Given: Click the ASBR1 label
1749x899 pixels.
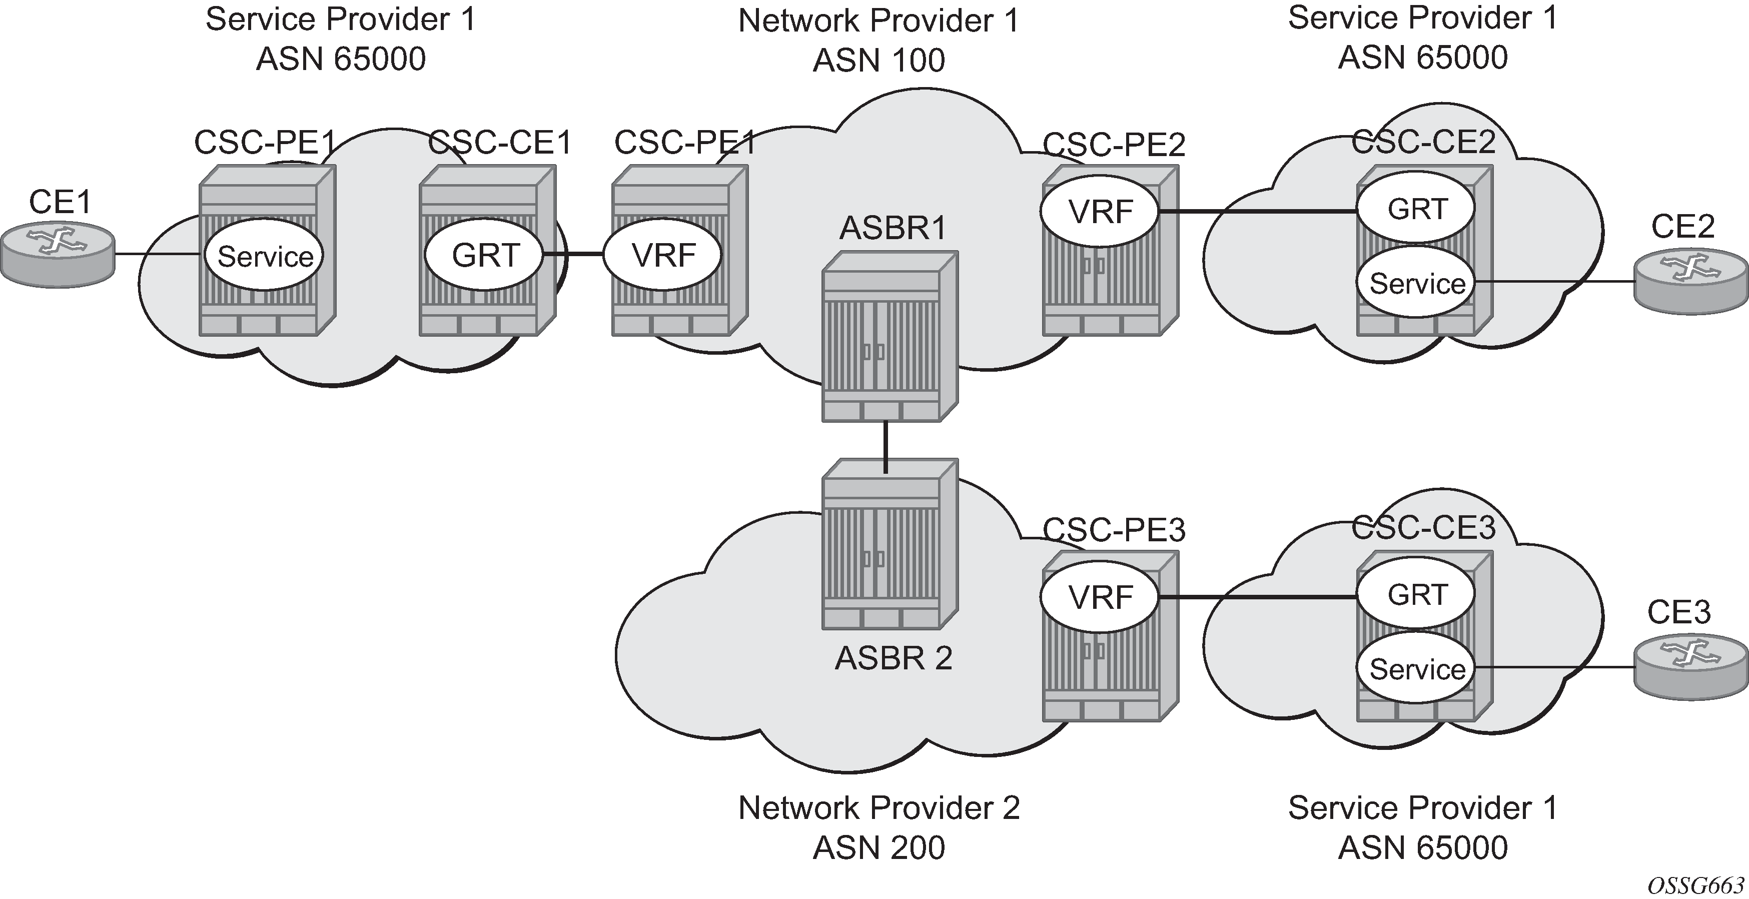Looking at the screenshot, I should pyautogui.click(x=893, y=228).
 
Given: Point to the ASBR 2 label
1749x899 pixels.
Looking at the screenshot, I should pyautogui.click(x=893, y=658).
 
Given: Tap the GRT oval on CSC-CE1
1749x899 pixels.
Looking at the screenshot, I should pyautogui.click(x=485, y=255).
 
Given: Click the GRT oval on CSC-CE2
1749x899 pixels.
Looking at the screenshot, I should pyautogui.click(x=1417, y=209).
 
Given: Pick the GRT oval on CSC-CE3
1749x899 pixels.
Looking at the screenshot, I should pyautogui.click(x=1417, y=595).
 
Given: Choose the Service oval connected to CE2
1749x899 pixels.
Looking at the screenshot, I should pyautogui.click(x=1417, y=283).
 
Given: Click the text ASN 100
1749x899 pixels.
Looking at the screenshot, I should pyautogui.click(x=879, y=61).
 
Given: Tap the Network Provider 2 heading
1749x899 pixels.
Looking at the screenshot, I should pyautogui.click(x=879, y=808).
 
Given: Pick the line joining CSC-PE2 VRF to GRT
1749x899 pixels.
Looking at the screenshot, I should pyautogui.click(x=1256, y=211).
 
